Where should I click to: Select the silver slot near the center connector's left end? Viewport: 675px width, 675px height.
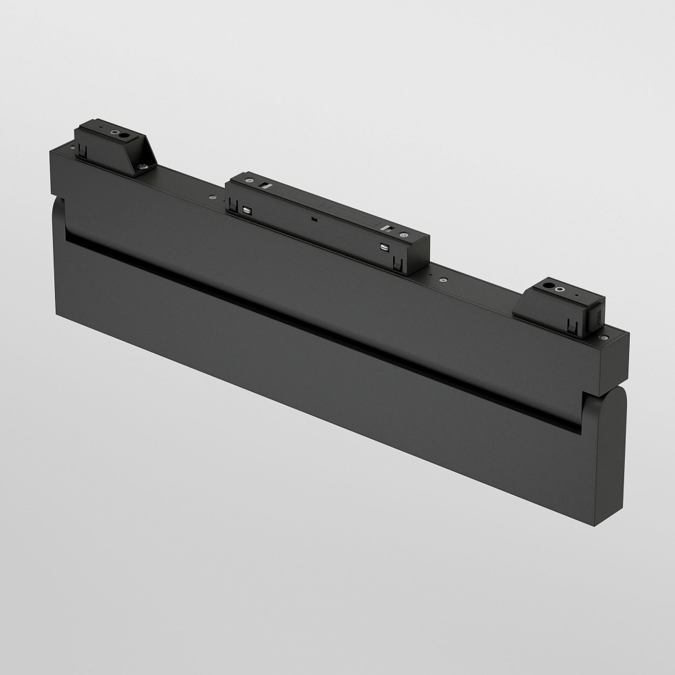pyautogui.click(x=267, y=185)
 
